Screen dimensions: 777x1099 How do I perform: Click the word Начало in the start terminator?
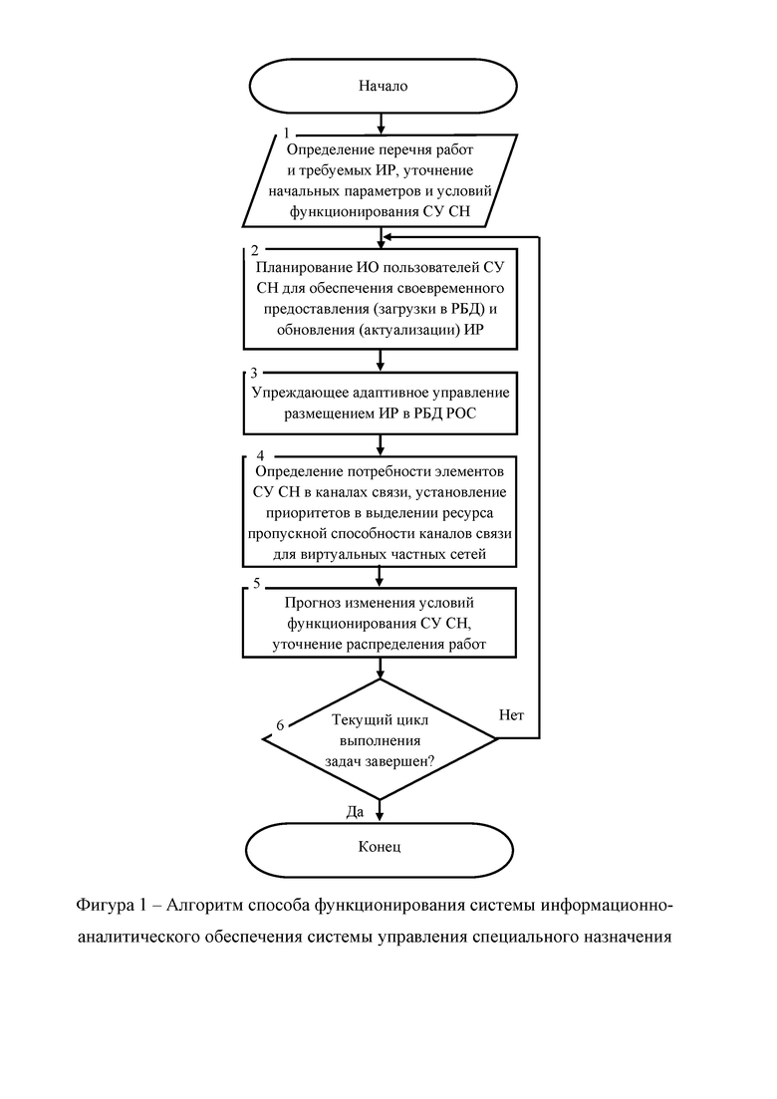(x=383, y=87)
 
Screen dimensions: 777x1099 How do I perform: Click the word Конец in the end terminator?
(x=380, y=847)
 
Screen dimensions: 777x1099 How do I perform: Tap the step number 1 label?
(x=286, y=133)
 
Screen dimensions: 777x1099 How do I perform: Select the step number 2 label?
(x=254, y=250)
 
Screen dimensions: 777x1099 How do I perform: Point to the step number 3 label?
(x=254, y=373)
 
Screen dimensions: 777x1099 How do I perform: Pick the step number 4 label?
(x=261, y=455)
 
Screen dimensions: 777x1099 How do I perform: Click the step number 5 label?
(x=256, y=583)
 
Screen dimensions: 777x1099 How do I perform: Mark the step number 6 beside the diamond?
(x=280, y=724)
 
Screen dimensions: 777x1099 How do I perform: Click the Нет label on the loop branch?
(x=511, y=715)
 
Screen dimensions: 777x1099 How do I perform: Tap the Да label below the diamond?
(x=356, y=812)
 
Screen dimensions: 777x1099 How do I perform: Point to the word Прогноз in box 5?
(x=313, y=603)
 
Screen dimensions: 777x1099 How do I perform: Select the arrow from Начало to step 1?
(x=381, y=124)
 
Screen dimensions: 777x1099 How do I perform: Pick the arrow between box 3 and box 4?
(x=381, y=445)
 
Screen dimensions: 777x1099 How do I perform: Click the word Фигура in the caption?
(x=106, y=906)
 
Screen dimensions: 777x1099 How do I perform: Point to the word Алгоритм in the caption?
(x=204, y=906)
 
